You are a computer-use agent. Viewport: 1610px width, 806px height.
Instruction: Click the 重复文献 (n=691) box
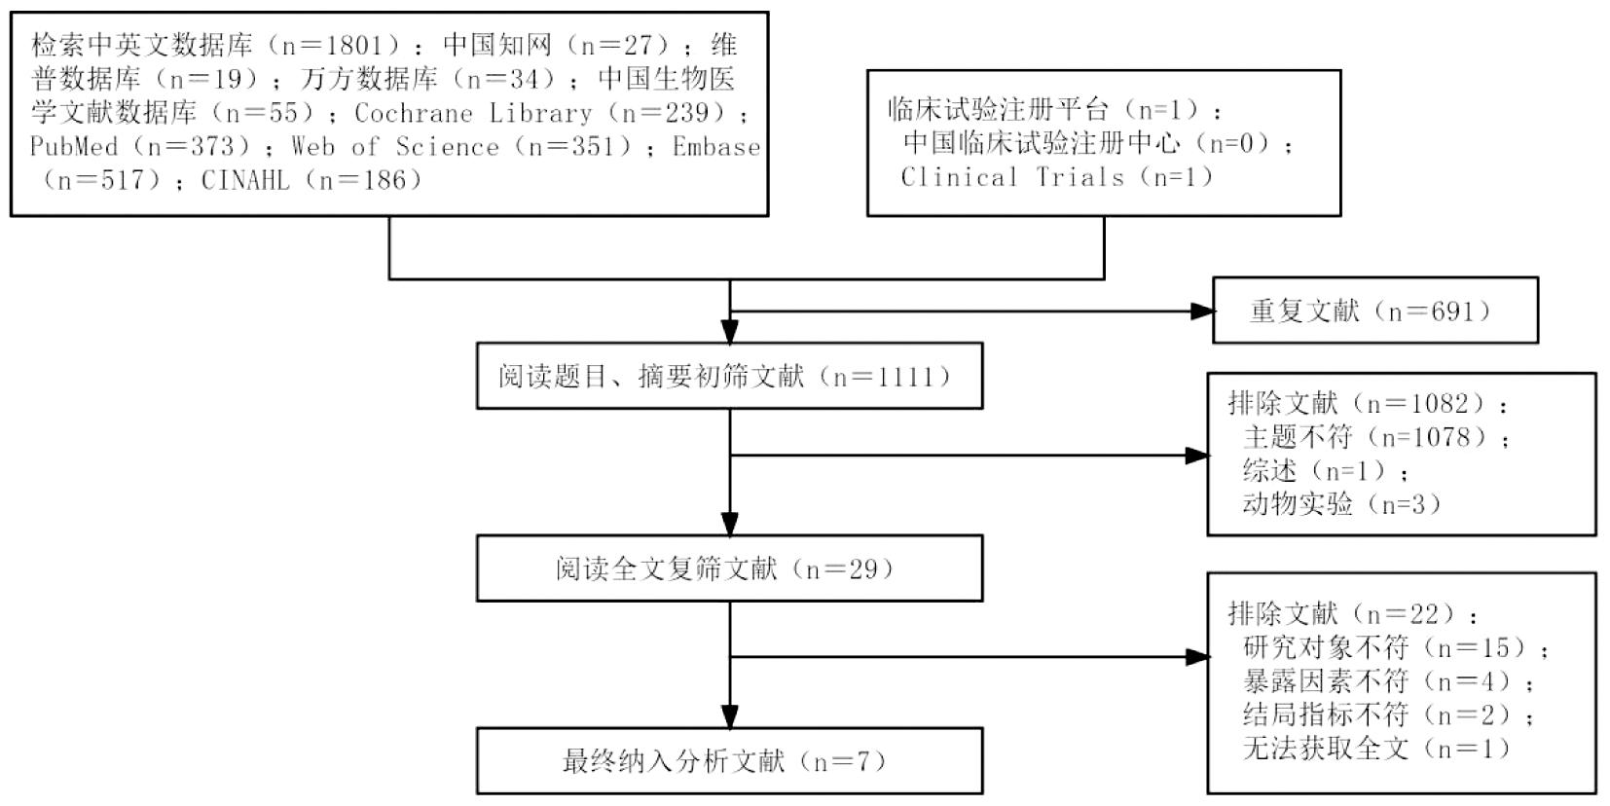tap(1374, 311)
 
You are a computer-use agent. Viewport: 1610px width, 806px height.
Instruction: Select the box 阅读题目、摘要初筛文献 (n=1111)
tap(728, 376)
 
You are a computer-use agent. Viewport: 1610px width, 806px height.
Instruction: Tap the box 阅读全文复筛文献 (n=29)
tap(728, 568)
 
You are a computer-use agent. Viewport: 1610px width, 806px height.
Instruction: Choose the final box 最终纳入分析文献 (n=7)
tap(728, 760)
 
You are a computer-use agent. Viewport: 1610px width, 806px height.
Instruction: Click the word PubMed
tap(74, 147)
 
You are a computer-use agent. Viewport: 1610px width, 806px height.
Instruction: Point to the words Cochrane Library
tap(473, 113)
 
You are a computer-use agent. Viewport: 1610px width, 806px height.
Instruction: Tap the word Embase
tap(716, 147)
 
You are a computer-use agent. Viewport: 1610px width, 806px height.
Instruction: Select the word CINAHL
tap(245, 180)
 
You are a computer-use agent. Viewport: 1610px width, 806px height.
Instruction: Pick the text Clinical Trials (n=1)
tap(1057, 177)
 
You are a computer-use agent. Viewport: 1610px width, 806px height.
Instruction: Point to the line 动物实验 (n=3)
tap(1341, 504)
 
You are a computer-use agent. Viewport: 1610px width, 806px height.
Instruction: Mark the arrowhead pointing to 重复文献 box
tap(1203, 311)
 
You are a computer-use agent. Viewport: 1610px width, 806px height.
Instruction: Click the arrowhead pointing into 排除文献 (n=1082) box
tap(1197, 455)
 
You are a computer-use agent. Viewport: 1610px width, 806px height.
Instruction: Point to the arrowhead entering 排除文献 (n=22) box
tap(1197, 657)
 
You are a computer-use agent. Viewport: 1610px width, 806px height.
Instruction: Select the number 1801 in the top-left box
tap(350, 45)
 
